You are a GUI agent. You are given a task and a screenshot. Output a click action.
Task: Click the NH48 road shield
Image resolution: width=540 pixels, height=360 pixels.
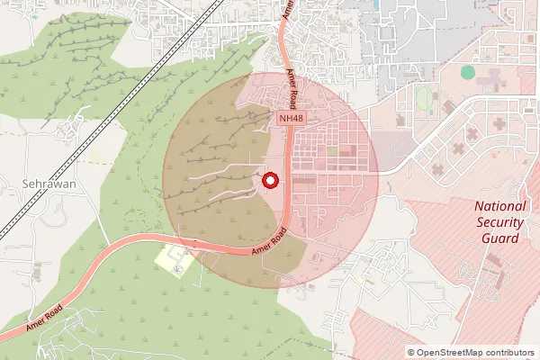pos(289,118)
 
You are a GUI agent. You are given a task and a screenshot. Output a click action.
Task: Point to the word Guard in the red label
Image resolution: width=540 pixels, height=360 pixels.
pos(500,238)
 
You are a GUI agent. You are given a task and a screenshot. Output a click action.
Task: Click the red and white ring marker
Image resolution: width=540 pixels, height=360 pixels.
pos(269,180)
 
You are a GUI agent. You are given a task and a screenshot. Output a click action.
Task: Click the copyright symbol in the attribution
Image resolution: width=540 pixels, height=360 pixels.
pos(411,353)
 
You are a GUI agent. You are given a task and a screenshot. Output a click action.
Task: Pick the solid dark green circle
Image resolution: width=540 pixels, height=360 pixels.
pos(468,72)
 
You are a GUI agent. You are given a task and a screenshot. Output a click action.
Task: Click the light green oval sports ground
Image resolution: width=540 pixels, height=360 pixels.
pos(425,95)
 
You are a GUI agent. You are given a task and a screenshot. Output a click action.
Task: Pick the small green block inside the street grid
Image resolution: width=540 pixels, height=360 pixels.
pos(333,151)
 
